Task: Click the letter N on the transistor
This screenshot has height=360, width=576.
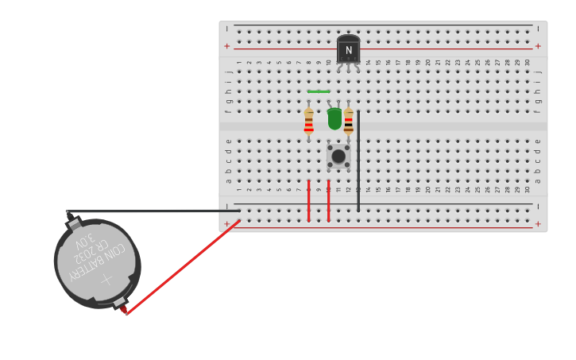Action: pos(348,51)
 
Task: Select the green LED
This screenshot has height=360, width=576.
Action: pos(334,118)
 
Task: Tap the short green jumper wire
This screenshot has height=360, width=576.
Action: pos(319,91)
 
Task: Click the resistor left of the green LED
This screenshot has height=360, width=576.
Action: pos(308,122)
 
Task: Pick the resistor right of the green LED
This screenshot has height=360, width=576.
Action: pos(349,122)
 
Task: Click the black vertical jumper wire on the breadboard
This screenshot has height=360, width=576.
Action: pos(358,159)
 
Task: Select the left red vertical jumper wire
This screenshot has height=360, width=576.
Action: pos(308,200)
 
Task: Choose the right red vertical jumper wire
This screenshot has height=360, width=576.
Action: pos(328,200)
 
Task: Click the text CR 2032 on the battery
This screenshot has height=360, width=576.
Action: pos(94,253)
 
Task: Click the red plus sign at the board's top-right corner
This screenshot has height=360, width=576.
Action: pos(538,46)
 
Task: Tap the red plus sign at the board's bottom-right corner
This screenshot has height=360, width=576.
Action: pos(538,224)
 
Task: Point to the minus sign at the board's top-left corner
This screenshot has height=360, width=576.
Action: pos(227,29)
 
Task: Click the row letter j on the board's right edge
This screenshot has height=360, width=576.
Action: pos(538,72)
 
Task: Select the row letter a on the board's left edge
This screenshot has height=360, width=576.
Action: pos(229,180)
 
